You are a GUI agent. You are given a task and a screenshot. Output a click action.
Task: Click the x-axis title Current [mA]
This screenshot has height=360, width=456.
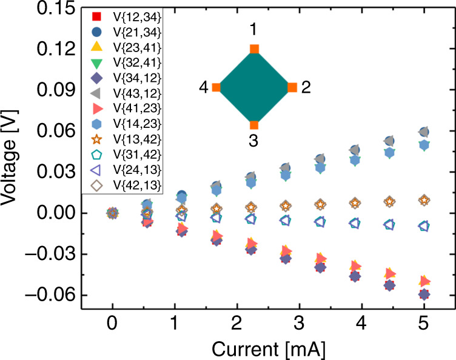269,348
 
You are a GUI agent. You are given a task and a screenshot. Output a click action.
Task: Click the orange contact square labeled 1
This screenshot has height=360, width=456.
254,49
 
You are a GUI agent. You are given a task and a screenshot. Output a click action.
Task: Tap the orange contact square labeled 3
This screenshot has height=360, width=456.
254,125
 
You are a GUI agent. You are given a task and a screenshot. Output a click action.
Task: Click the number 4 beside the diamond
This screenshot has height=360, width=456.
204,88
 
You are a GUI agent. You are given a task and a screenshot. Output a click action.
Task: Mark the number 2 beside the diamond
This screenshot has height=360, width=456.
306,88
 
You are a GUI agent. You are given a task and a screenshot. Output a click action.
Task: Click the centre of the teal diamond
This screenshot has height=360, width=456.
254,87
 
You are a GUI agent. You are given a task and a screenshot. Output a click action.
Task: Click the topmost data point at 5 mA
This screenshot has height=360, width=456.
424,132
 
